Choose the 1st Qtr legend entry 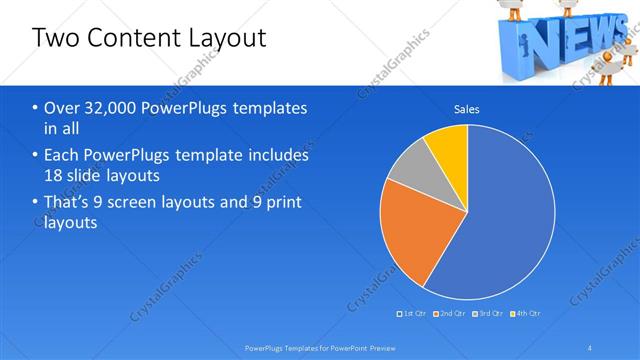tap(415, 314)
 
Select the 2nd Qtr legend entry tap(450, 314)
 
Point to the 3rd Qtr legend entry tap(487, 314)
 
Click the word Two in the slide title tap(54, 38)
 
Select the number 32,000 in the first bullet tap(112, 108)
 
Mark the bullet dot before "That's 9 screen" tap(36, 203)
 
